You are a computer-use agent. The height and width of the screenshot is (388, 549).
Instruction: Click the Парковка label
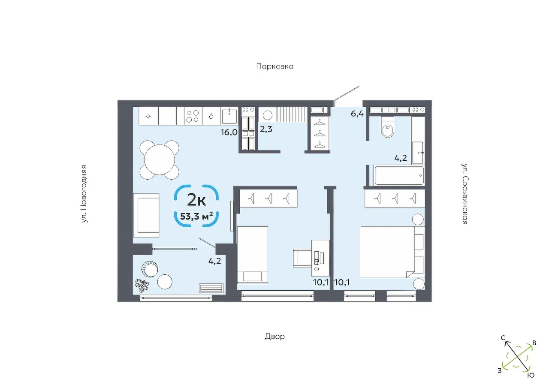275,66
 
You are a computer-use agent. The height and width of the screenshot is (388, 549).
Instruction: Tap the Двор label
275,337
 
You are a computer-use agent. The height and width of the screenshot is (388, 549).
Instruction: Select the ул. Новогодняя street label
84,194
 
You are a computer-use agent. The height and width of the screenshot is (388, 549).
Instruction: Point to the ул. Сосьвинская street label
465,194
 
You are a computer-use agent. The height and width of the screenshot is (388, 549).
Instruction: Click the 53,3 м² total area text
196,217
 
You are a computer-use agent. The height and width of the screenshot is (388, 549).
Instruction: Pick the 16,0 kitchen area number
229,132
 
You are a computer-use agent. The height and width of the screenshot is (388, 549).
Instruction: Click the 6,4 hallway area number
357,114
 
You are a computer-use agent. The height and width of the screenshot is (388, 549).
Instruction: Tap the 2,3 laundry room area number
266,129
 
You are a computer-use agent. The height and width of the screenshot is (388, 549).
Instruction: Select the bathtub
399,175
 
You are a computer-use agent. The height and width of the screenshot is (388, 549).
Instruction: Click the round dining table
159,160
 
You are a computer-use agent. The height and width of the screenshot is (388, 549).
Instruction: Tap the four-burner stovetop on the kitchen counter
193,116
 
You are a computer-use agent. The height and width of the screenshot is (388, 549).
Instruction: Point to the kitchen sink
229,116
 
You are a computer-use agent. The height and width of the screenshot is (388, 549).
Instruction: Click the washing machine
267,114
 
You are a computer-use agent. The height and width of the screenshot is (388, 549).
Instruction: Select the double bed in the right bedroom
392,252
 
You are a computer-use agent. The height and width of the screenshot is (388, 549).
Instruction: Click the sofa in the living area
146,215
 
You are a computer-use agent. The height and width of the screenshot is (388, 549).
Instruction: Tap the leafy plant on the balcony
142,286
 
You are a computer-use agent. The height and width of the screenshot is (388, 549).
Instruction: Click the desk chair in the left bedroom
302,258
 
